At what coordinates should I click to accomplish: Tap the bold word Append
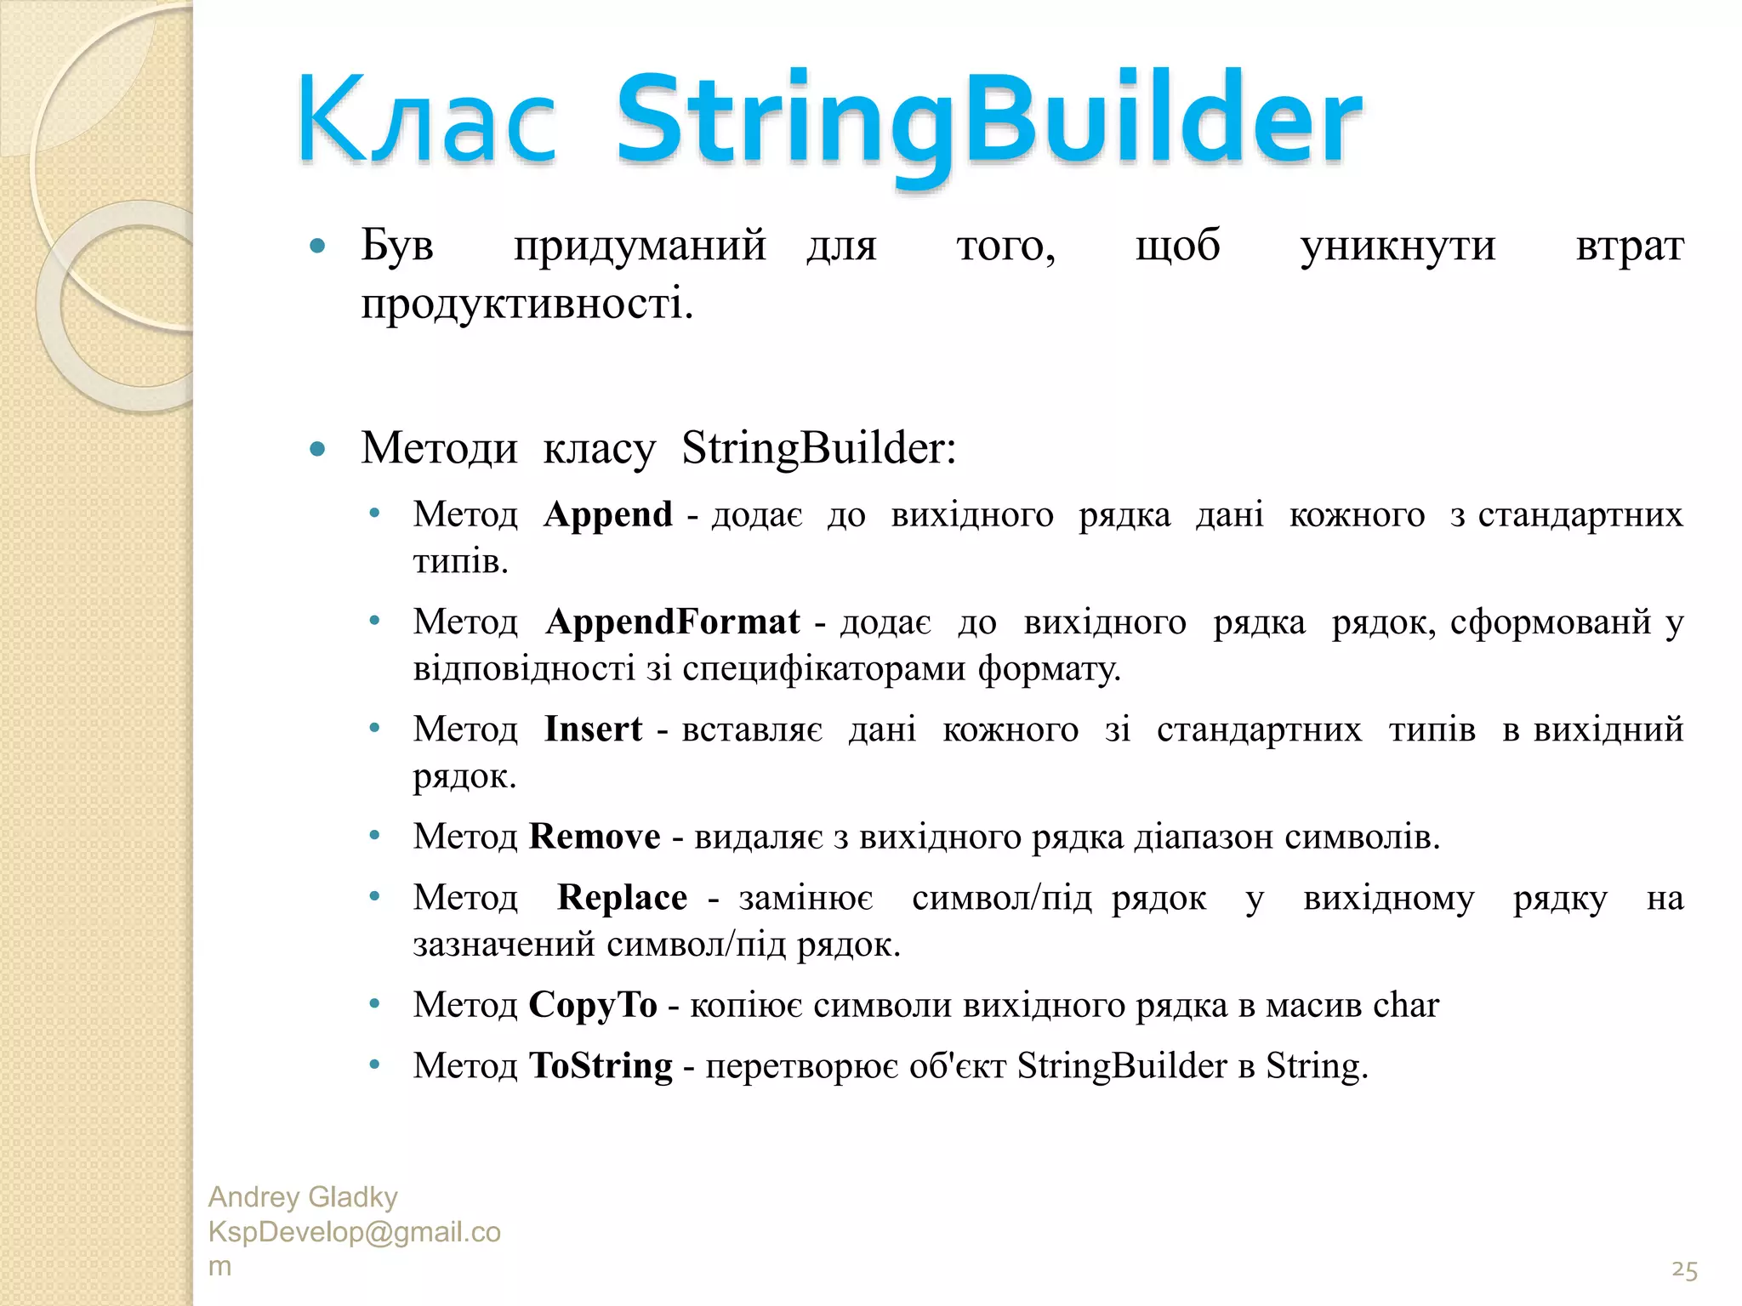608,514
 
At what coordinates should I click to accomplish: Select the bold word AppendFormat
673,622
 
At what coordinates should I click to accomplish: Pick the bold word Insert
593,729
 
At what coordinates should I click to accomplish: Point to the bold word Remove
595,837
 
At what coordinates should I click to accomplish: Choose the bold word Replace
622,898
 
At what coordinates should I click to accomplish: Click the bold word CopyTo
593,1005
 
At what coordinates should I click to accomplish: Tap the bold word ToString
601,1065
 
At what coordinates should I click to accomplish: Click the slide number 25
1684,1270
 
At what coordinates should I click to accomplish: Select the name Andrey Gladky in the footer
303,1197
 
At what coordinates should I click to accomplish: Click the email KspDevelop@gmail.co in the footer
355,1232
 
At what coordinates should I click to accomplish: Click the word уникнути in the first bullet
1398,247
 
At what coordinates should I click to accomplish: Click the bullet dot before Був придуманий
318,247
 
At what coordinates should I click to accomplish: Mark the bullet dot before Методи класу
318,449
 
